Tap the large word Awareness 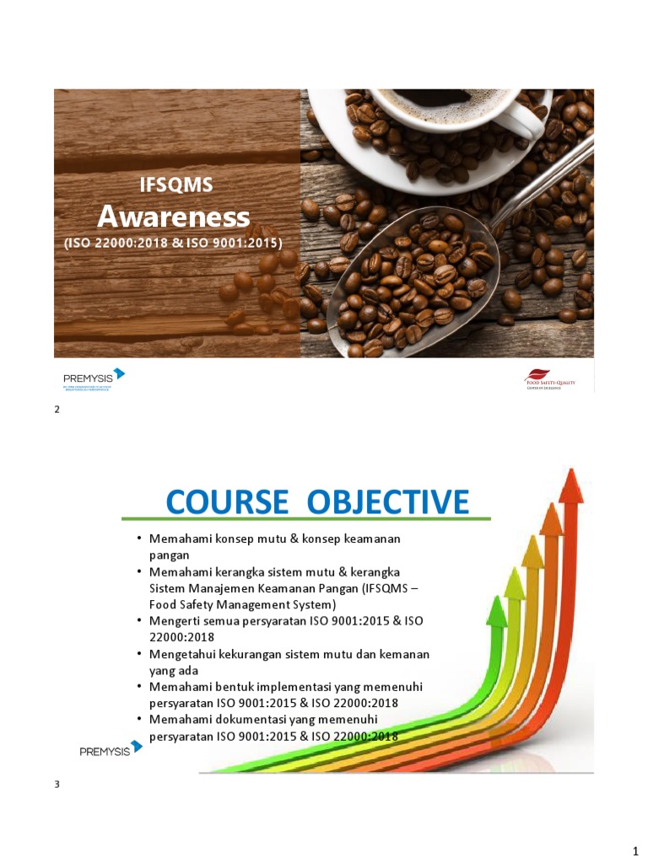coord(174,217)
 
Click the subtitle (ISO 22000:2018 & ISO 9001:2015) coord(173,243)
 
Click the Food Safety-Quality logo coord(549,380)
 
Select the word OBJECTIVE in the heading coord(388,501)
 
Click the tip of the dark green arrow coord(497,608)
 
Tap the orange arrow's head coord(551,517)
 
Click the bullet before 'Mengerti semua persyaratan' coord(139,620)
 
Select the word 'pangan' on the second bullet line coord(169,555)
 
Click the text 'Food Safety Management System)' coord(243,604)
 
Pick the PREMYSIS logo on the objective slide coord(111,748)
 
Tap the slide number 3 coord(57,785)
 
